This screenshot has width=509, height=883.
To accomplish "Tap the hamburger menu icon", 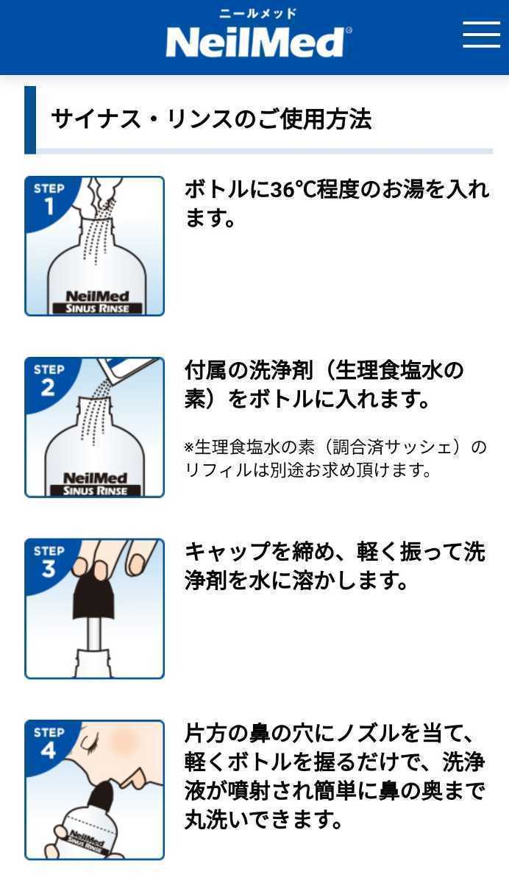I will (481, 34).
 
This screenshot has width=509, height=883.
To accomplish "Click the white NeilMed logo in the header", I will (254, 42).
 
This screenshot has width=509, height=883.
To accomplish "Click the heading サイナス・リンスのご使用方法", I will (211, 119).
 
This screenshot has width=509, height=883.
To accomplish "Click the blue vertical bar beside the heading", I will (30, 120).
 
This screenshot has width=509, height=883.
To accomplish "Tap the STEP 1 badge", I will (49, 199).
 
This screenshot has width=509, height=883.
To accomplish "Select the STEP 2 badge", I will (49, 380).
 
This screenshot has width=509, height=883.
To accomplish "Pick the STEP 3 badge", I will (49, 561).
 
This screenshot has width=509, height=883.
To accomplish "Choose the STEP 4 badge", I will (49, 742).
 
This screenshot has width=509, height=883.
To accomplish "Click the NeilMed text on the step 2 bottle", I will (95, 478).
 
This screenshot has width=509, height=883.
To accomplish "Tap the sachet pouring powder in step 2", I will (132, 368).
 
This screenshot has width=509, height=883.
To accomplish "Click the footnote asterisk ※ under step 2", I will (189, 447).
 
